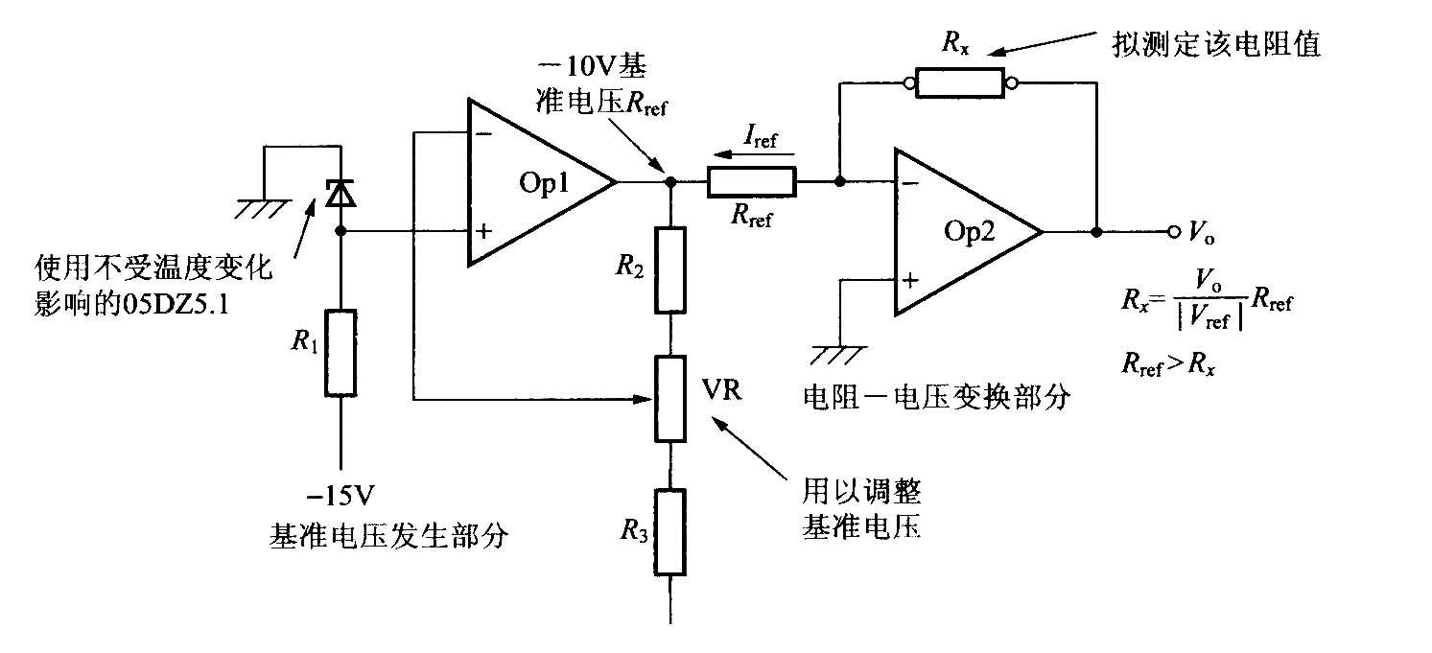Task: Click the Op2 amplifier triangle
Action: pos(968,232)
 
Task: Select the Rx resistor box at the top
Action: pos(959,83)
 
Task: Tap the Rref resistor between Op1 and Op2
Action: pos(751,181)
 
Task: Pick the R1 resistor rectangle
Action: pos(340,353)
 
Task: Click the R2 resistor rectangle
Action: pos(670,269)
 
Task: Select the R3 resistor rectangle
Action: pos(670,532)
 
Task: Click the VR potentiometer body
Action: pos(670,399)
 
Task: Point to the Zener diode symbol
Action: pos(340,193)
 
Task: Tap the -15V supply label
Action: pos(340,496)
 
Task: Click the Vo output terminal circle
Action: pos(1173,232)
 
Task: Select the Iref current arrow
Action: pos(754,154)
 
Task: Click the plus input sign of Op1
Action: pos(484,231)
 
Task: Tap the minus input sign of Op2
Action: pos(909,184)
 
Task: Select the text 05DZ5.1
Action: pos(176,305)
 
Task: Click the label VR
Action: pos(721,389)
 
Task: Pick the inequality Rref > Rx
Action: pos(1168,364)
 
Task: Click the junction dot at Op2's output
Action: pos(1096,232)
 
